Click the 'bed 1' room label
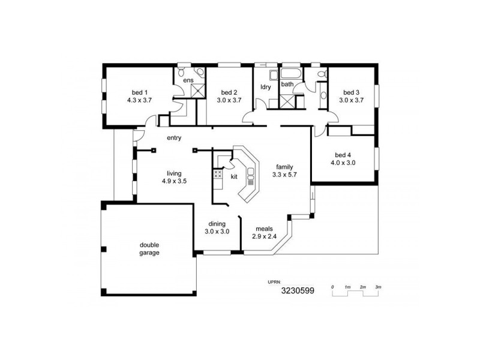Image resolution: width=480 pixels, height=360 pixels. pos(138,92)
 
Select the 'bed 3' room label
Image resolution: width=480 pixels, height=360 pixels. pos(351,92)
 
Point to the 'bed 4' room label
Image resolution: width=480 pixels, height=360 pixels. pos(343,154)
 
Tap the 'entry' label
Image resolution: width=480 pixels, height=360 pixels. pos(174,138)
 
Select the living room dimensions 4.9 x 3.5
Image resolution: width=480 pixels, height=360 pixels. pos(174,181)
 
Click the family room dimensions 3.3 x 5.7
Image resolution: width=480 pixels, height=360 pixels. pos(284,175)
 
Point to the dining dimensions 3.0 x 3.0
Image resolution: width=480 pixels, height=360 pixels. pos(217,231)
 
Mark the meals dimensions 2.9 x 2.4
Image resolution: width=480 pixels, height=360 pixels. pos(265,236)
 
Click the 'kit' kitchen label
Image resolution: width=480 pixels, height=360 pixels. pos(234,176)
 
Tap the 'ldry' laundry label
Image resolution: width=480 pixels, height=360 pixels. pos(265,86)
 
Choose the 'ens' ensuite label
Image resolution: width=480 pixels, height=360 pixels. pos(188,80)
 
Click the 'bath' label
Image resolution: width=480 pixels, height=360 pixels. pos(287,84)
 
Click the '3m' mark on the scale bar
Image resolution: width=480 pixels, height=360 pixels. pos(378,287)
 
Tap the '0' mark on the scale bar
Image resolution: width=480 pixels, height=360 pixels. pos(332,287)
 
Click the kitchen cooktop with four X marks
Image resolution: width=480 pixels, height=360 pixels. pos(218,175)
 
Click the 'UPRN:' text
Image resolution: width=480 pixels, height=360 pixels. pos(274,280)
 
